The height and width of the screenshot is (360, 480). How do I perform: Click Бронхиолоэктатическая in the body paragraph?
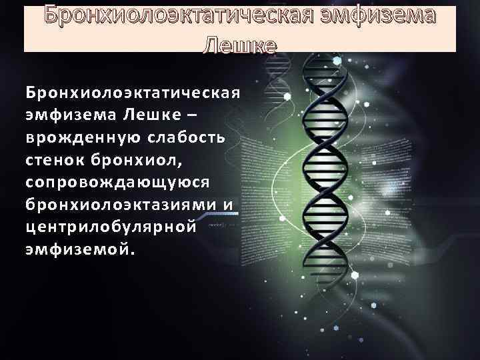[x=132, y=91]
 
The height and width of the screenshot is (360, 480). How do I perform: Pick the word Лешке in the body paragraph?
[x=151, y=114]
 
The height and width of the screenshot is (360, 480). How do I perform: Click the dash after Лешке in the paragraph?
[x=193, y=115]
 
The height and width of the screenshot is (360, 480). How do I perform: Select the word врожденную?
[x=77, y=137]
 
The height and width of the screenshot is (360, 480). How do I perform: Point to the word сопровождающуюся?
[x=117, y=182]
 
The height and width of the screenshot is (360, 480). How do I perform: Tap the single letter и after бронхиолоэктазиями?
[x=227, y=205]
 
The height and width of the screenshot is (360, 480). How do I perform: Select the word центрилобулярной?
[x=111, y=227]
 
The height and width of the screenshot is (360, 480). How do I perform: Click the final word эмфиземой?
[x=77, y=250]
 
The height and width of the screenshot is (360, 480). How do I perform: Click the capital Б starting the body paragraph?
[x=31, y=91]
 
